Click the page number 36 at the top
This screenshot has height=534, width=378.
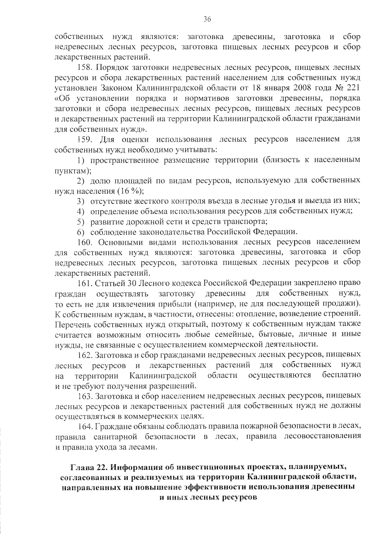[207, 19]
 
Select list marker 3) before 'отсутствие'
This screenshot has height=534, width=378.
[81, 201]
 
